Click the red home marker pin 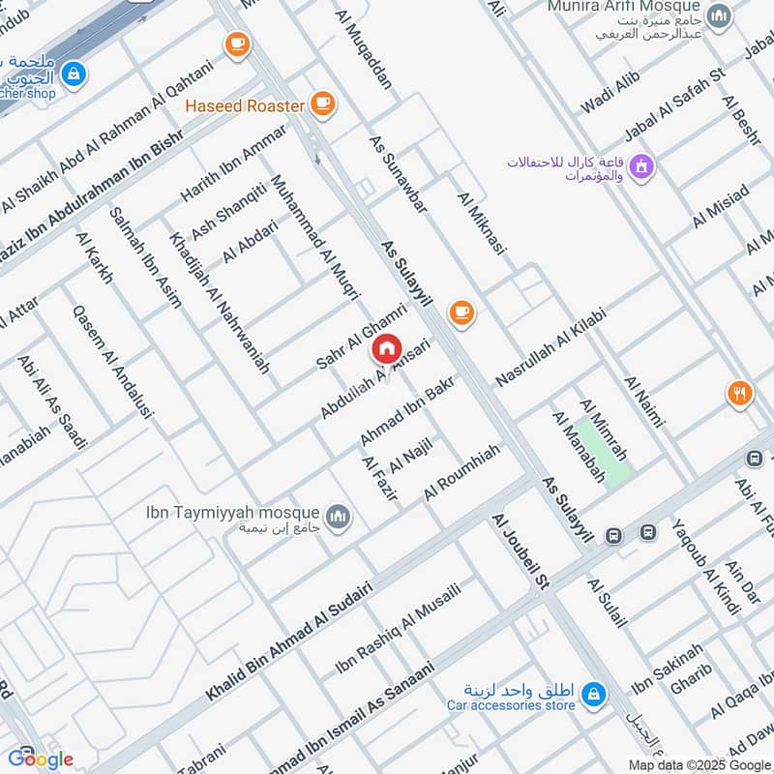(x=386, y=347)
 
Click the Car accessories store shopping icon (x=594, y=694)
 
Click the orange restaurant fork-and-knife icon (x=739, y=393)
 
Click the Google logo (x=41, y=758)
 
